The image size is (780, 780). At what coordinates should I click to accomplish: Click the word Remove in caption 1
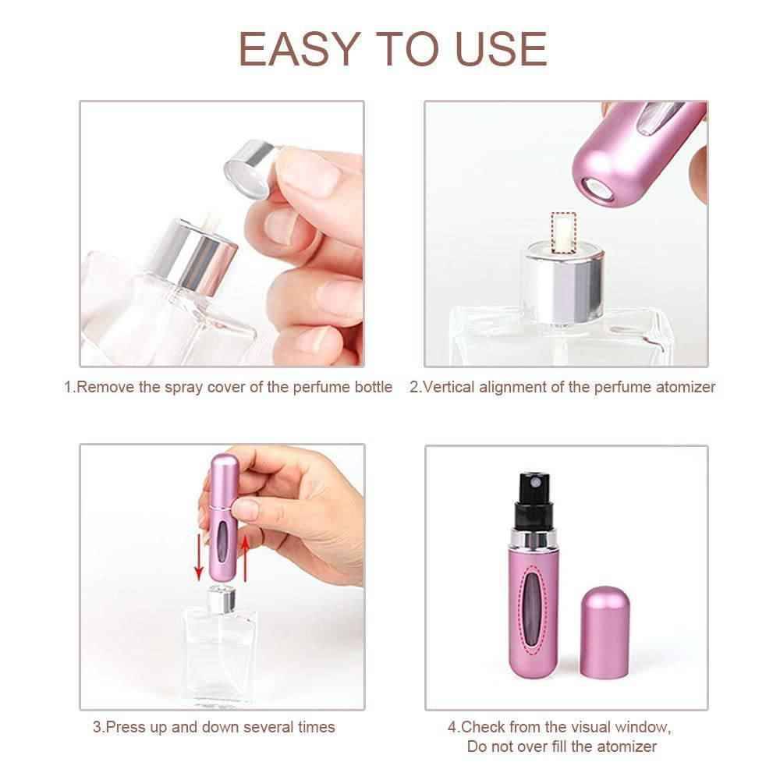105,387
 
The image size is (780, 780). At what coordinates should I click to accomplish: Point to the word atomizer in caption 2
684,387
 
